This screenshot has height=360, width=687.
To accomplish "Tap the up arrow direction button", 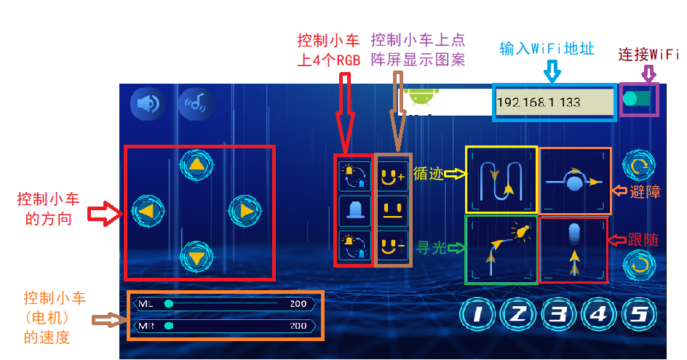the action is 196,165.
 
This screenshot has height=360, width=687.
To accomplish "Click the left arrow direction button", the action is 148,211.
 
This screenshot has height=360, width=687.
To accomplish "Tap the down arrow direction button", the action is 196,257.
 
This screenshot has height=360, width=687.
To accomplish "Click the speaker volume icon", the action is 148,104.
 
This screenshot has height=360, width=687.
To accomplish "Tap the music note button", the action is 196,104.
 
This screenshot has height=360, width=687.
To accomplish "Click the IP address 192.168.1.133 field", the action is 554,103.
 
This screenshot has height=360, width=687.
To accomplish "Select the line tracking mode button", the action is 501,180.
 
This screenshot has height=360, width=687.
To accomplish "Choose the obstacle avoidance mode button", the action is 574,180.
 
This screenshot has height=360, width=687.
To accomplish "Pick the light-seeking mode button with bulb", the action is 501,249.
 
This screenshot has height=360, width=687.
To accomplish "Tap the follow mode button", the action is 573,249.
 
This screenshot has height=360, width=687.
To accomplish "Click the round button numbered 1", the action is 477,314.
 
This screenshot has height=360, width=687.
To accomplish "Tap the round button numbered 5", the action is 639,314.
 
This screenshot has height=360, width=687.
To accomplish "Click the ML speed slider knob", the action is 169,303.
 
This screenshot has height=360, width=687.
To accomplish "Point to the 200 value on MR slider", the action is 298,326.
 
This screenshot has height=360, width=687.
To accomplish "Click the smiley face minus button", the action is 392,246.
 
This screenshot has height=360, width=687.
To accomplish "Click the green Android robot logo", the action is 421,96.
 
